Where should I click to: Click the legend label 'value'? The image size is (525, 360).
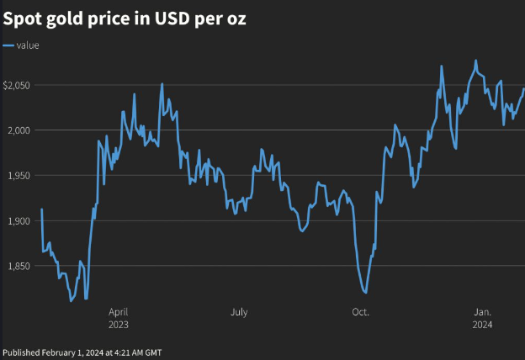[28, 45]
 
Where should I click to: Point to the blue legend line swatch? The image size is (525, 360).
[8, 45]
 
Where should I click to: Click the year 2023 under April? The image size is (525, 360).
[119, 324]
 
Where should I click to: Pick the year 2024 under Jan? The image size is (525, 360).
[483, 324]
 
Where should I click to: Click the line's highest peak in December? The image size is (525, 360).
[475, 61]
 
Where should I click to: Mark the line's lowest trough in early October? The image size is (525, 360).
[364, 292]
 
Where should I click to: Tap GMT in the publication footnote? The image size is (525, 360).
[153, 352]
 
